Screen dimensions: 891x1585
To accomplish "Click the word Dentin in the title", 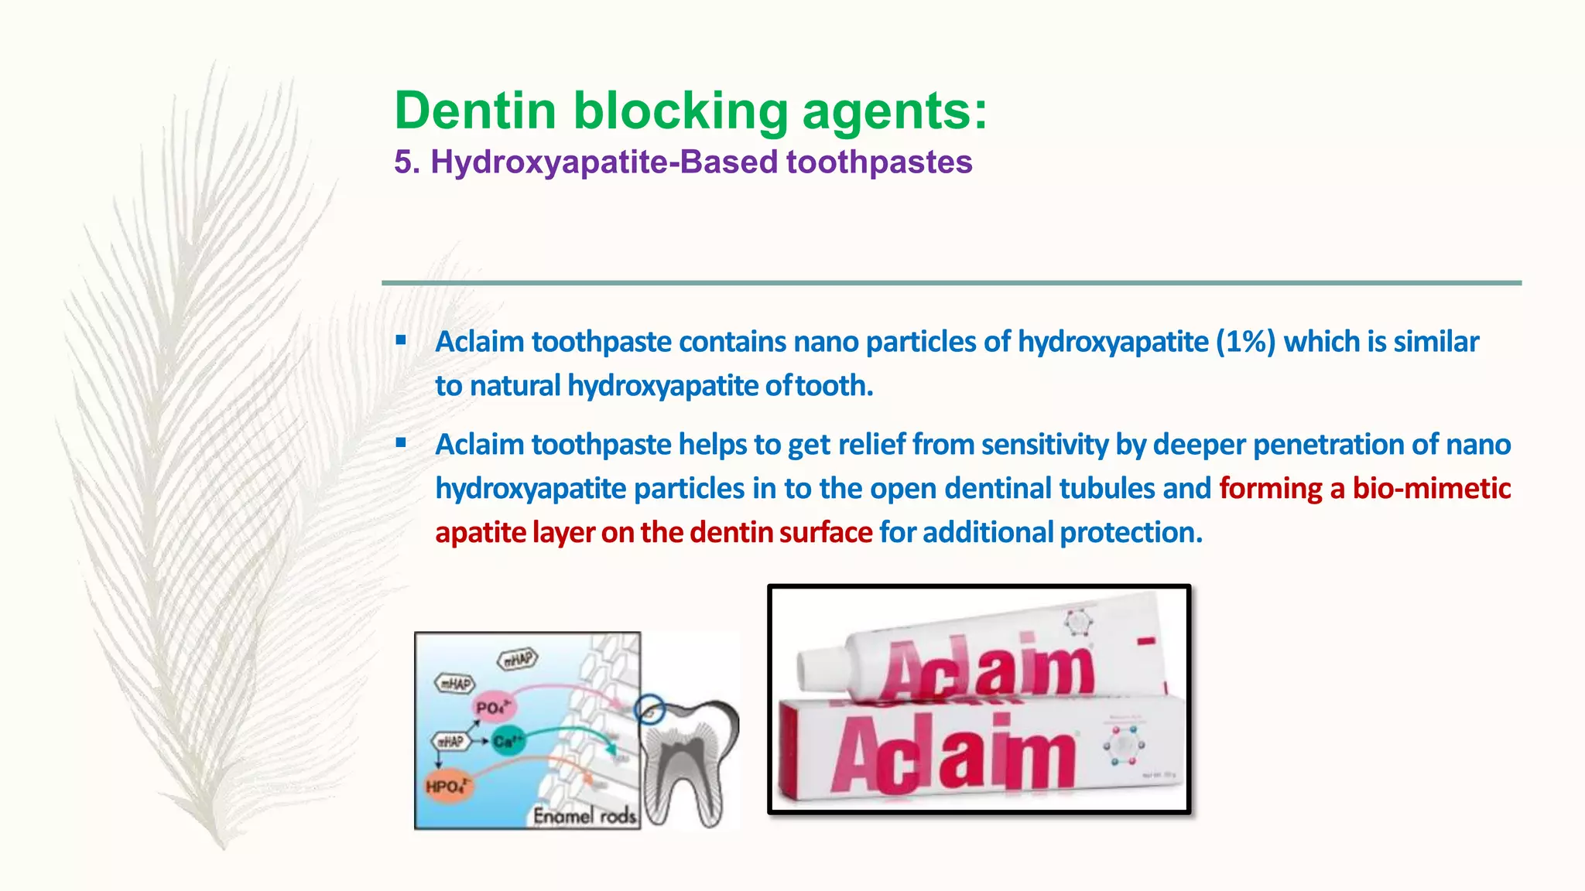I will tap(475, 111).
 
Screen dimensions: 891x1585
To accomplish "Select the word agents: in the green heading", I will tap(895, 111).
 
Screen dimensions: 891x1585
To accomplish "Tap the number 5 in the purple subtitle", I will tap(402, 162).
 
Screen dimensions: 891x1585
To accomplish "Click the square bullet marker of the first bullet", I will tap(400, 340).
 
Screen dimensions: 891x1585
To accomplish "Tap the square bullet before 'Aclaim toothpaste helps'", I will tap(400, 442).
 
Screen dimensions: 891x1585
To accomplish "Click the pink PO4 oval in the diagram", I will tap(494, 707).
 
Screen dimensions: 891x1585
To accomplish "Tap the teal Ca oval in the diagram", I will tap(507, 741).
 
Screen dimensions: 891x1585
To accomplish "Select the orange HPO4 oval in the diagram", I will tap(447, 787).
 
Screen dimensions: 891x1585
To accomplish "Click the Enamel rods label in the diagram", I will tap(584, 815).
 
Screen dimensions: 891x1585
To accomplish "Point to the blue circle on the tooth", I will tap(649, 709).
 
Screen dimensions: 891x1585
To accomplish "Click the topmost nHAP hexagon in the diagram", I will tap(518, 659).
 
